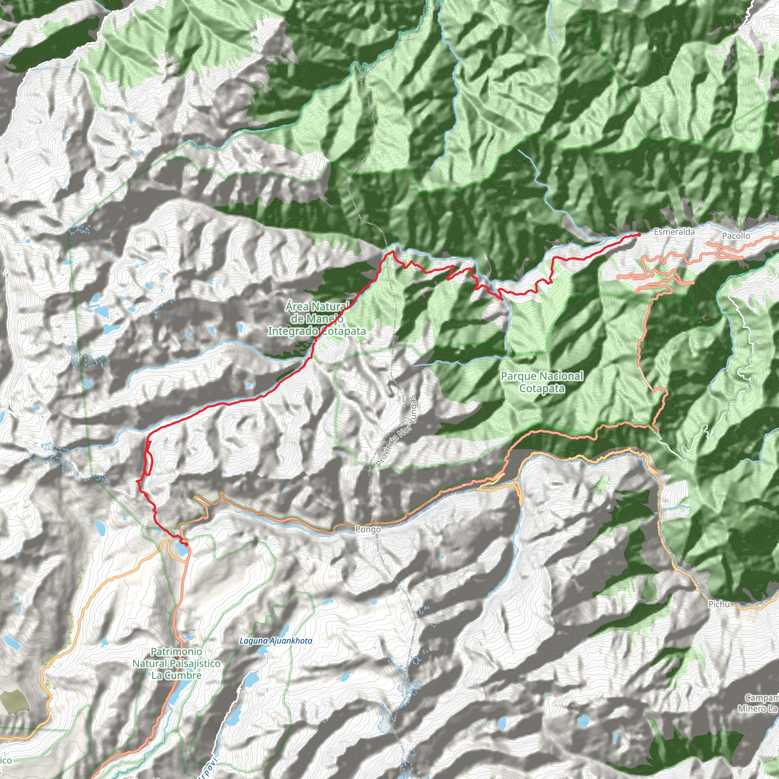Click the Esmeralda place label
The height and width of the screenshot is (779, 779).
674,232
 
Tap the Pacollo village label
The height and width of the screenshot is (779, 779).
736,236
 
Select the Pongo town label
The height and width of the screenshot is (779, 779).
368,529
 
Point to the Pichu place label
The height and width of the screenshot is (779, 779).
719,604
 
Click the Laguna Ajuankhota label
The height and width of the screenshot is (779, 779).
276,641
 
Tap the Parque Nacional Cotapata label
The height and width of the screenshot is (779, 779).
542,382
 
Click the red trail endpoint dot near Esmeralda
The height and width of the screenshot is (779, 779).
639,235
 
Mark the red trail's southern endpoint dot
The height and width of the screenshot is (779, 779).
186,544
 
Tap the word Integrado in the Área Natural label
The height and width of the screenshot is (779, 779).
293,331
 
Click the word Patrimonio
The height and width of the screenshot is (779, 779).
176,652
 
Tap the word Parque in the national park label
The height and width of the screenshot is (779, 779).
519,377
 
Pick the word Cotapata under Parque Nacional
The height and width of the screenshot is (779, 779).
542,389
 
